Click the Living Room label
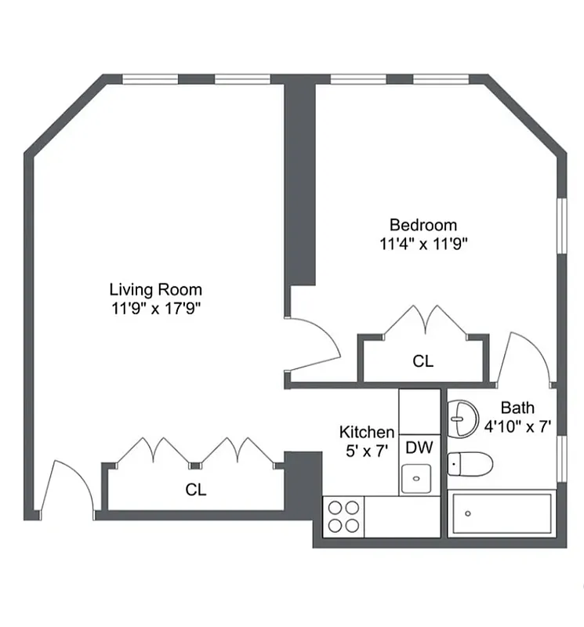coord(155,289)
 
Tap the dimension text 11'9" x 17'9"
coord(155,308)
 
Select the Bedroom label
coord(423,225)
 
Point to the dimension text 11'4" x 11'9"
coord(423,244)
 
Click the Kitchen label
coord(366,432)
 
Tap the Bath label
coord(517,408)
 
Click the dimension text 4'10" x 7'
coord(517,427)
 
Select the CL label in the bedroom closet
coord(423,361)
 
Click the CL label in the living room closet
coord(196,490)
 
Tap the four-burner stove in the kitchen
coord(343,516)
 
